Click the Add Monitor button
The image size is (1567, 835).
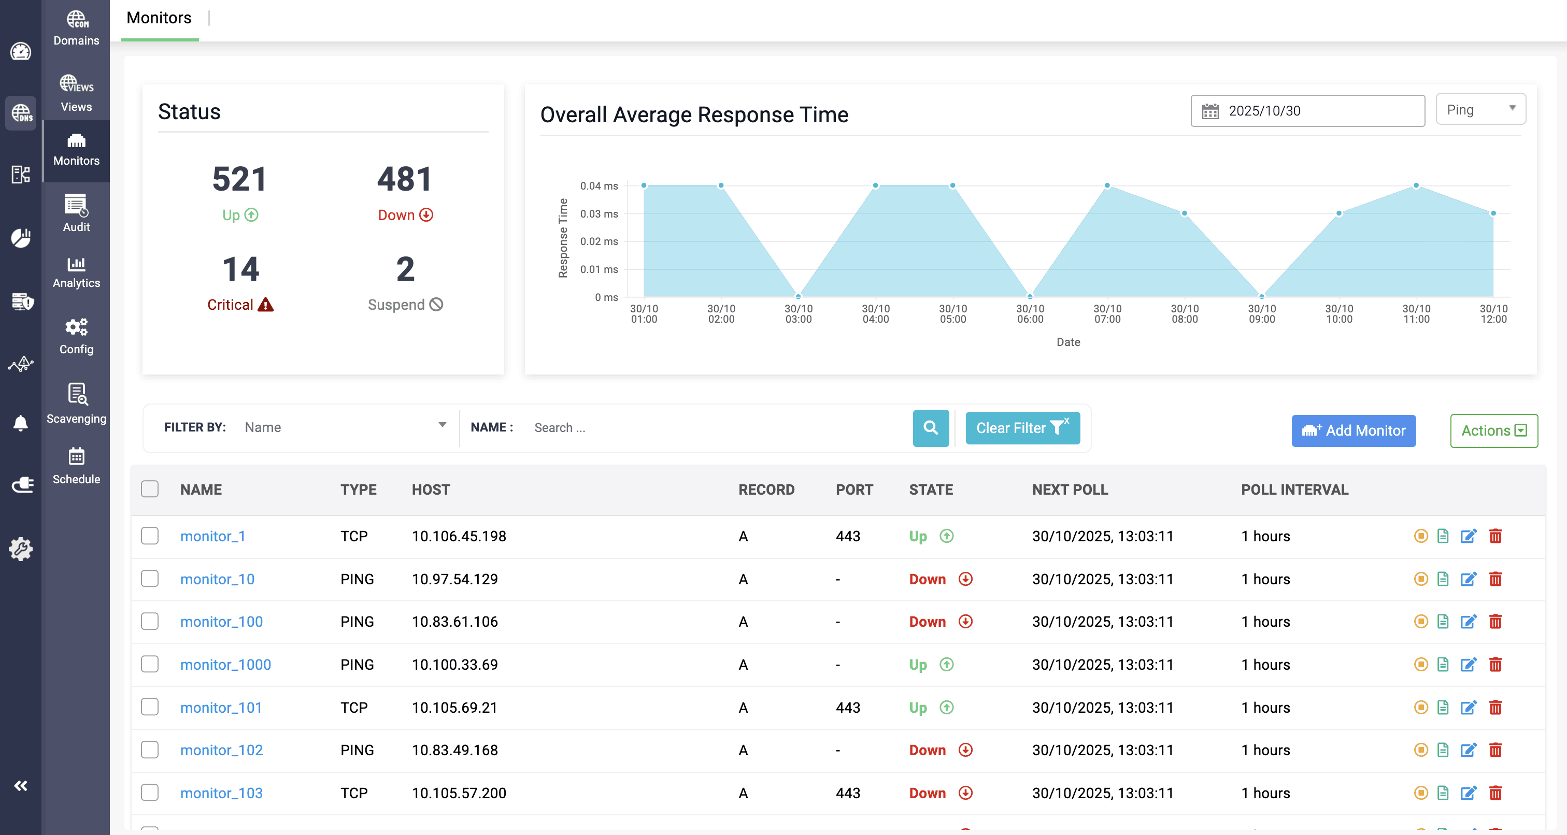1353,430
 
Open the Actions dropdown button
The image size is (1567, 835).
1493,430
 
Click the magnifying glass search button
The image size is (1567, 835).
930,427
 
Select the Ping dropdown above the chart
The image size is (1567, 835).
1480,109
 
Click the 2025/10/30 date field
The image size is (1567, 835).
1307,111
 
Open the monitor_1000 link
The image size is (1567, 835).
226,664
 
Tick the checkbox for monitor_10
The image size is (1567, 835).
150,579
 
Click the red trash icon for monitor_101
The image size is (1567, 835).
1495,707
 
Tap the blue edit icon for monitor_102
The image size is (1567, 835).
1468,750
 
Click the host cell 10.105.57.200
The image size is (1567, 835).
459,793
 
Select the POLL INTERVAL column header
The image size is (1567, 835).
1294,490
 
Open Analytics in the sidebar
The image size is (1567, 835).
76,272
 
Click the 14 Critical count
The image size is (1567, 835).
240,269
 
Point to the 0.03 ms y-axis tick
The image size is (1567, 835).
599,213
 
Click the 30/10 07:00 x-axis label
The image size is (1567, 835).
1107,314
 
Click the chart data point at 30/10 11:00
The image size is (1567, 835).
1416,185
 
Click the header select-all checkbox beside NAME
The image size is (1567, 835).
150,489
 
